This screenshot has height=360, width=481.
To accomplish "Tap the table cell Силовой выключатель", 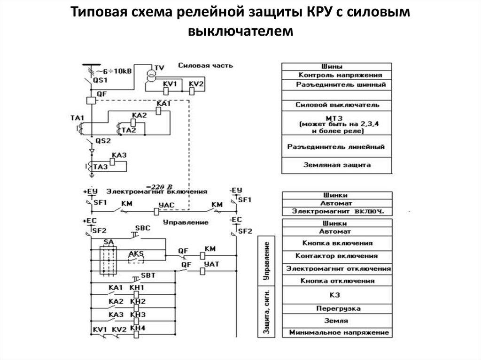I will point(337,105).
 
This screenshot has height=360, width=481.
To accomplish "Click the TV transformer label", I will point(160,68).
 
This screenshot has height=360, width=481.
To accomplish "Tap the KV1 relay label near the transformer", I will point(170,84).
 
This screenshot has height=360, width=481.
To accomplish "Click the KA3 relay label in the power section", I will point(119,155).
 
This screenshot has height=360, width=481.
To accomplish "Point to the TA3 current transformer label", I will point(101,167).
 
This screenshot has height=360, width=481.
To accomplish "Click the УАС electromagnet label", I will point(170,205).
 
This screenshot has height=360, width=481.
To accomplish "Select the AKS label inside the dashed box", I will point(136,253).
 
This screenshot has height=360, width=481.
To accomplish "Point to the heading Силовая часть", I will point(206,65).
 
